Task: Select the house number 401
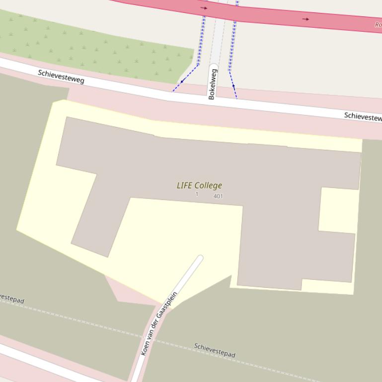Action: [x=218, y=196]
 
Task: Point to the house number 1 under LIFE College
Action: [x=197, y=194]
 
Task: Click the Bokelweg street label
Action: [x=213, y=84]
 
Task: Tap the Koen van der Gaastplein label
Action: [x=159, y=323]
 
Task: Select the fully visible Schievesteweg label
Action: [x=61, y=76]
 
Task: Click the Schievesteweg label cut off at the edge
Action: [x=363, y=117]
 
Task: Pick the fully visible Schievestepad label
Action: [x=215, y=350]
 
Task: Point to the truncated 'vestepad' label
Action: [x=11, y=299]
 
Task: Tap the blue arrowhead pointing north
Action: [x=233, y=86]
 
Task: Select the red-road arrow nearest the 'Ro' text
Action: [x=306, y=19]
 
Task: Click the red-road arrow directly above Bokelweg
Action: [x=204, y=8]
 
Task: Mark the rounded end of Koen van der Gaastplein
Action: [x=200, y=258]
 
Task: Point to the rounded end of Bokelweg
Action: [x=214, y=66]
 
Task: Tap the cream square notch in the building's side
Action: [x=338, y=210]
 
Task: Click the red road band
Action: [x=268, y=14]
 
